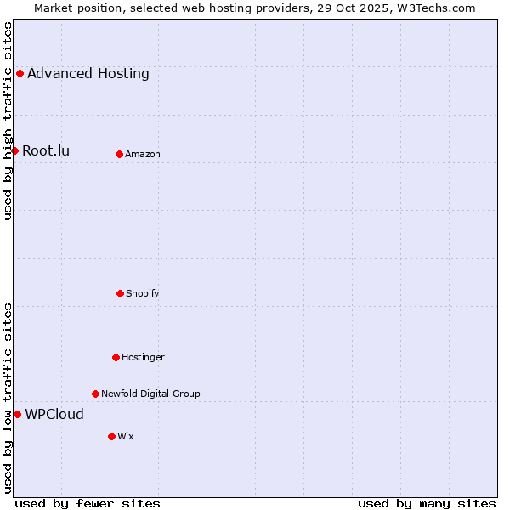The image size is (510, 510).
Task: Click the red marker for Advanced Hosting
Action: pos(20,73)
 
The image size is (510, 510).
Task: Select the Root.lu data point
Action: pos(14,150)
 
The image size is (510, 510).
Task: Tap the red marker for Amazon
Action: pos(119,154)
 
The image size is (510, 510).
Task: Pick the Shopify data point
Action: pos(120,293)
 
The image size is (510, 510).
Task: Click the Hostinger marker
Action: pos(116,357)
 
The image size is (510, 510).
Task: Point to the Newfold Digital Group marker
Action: pos(95,394)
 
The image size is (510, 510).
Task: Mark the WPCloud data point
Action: pos(17,414)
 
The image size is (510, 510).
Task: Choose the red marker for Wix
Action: pos(111,436)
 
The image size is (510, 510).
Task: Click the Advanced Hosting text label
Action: pos(88,73)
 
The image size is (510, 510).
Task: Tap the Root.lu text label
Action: pos(46,151)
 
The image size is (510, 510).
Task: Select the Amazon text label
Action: pos(143,154)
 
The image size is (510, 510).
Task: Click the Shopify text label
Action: pos(143,293)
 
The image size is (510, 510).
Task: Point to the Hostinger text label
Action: pos(143,357)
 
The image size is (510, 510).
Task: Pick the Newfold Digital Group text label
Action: pos(150,394)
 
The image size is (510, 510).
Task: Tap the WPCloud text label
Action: pos(54,415)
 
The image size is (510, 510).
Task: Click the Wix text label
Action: pos(126,436)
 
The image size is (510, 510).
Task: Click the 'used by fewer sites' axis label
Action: pos(88,503)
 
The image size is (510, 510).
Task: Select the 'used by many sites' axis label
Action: pos(427,503)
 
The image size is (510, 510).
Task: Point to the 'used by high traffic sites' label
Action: pos(8,121)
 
